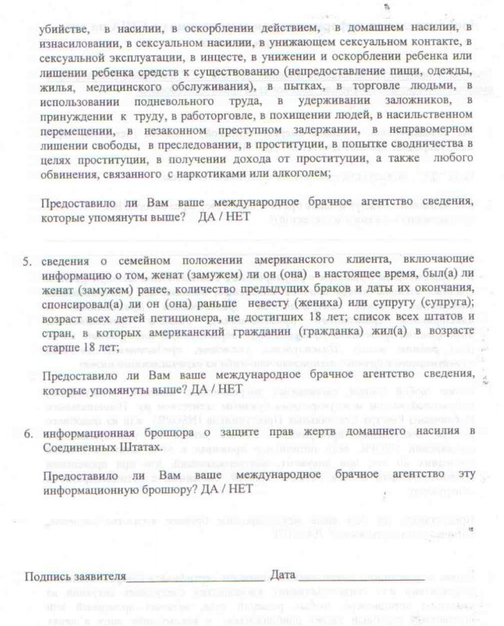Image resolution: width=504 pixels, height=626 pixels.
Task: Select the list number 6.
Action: pos(27,432)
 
